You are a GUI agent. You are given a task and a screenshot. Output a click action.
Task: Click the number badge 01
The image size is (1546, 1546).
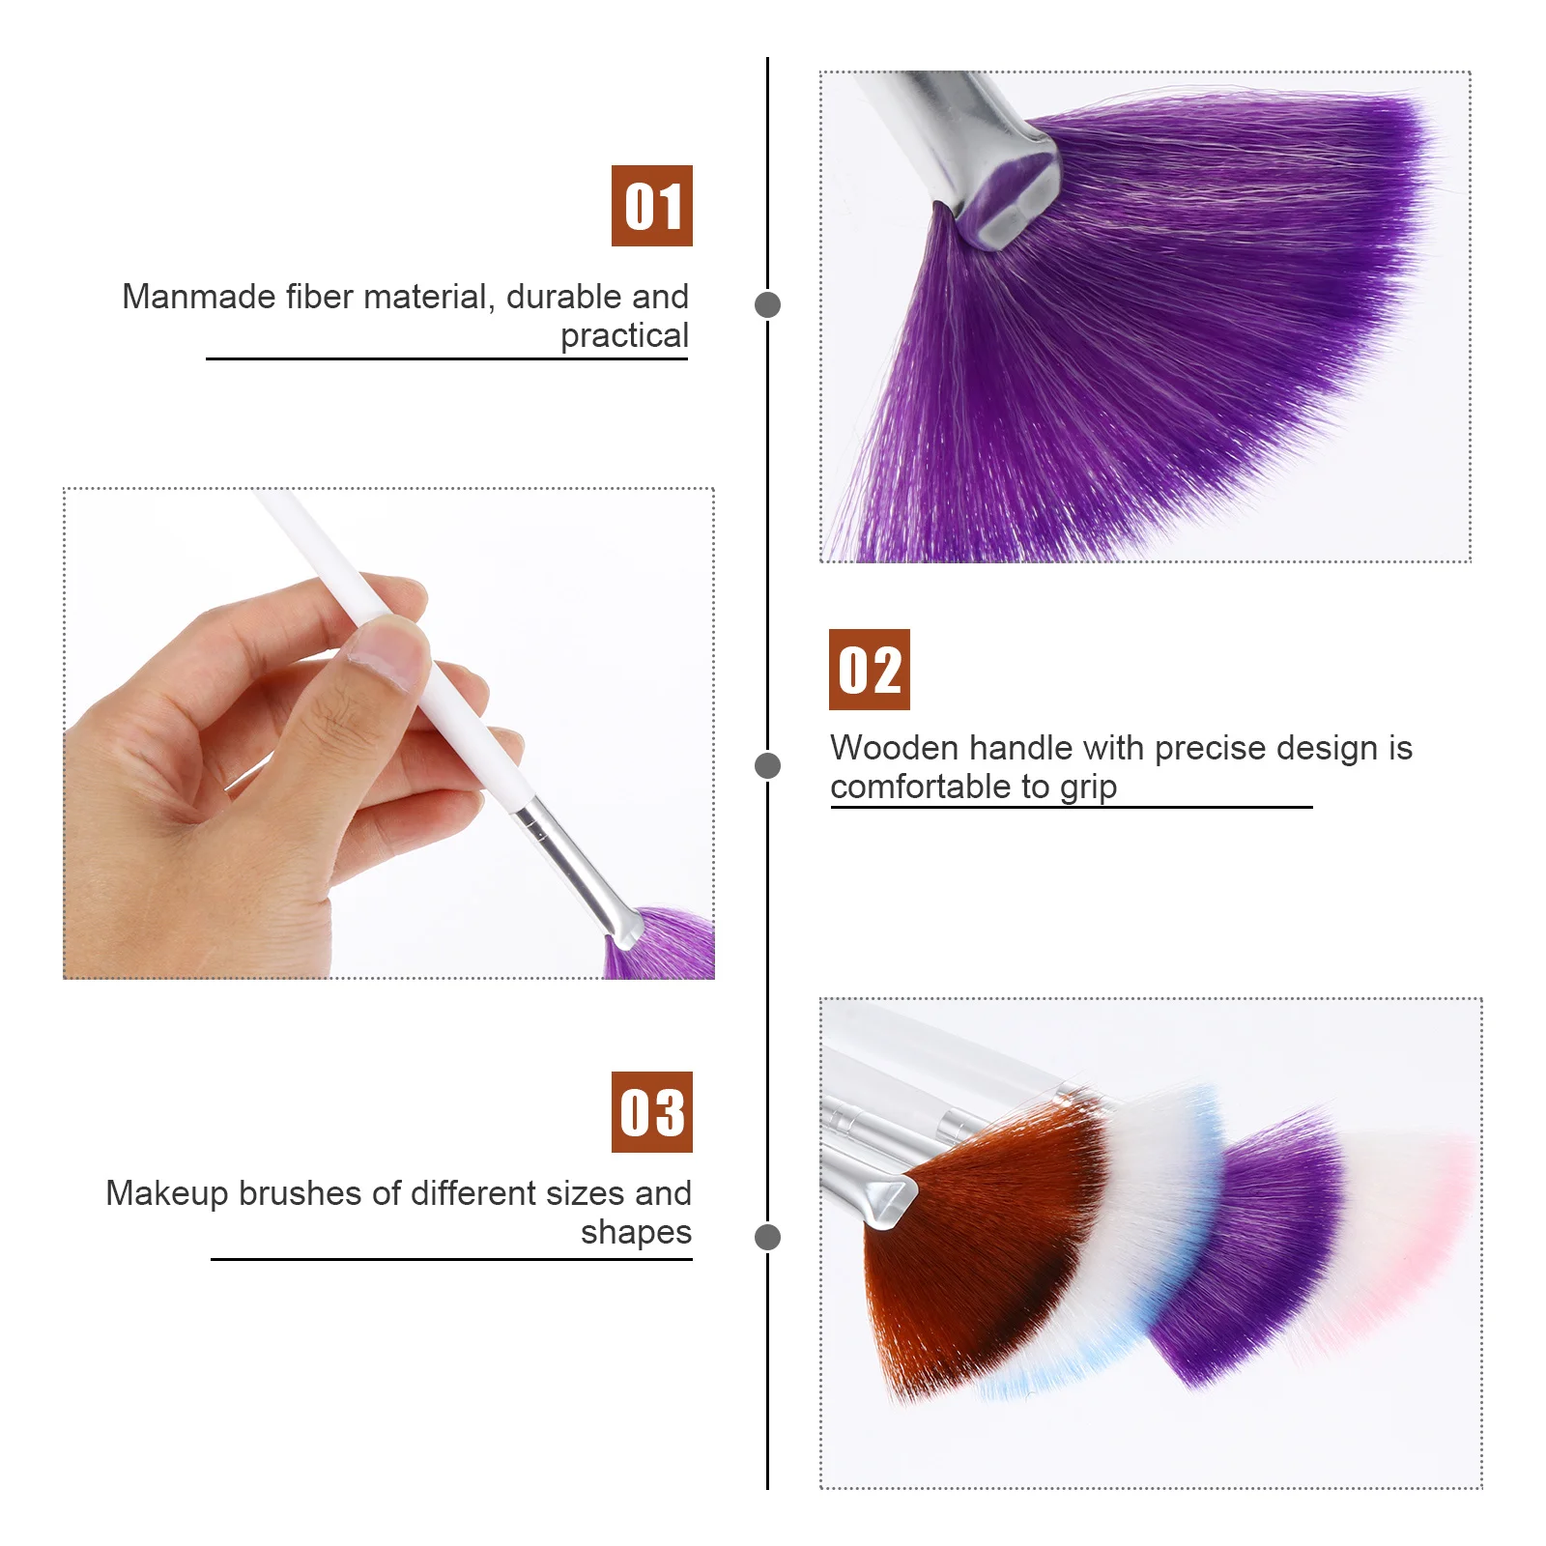pos(651,206)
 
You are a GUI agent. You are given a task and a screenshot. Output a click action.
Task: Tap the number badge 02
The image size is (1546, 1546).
pos(869,670)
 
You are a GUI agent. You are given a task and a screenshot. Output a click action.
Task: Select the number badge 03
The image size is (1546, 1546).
pos(651,1112)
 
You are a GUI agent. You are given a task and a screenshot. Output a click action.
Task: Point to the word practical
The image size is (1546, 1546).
pos(624,336)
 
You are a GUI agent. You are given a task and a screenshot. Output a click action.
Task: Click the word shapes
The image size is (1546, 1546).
pos(636,1232)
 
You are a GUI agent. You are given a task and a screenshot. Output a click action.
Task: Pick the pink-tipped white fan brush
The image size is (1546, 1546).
pos(1391,1227)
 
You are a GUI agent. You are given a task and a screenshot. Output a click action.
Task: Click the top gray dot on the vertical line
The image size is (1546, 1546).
pos(767,304)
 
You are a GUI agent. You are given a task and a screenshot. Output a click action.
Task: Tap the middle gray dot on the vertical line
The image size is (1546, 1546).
pos(767,766)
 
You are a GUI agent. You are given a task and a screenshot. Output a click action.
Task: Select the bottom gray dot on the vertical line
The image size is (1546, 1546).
pos(767,1237)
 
